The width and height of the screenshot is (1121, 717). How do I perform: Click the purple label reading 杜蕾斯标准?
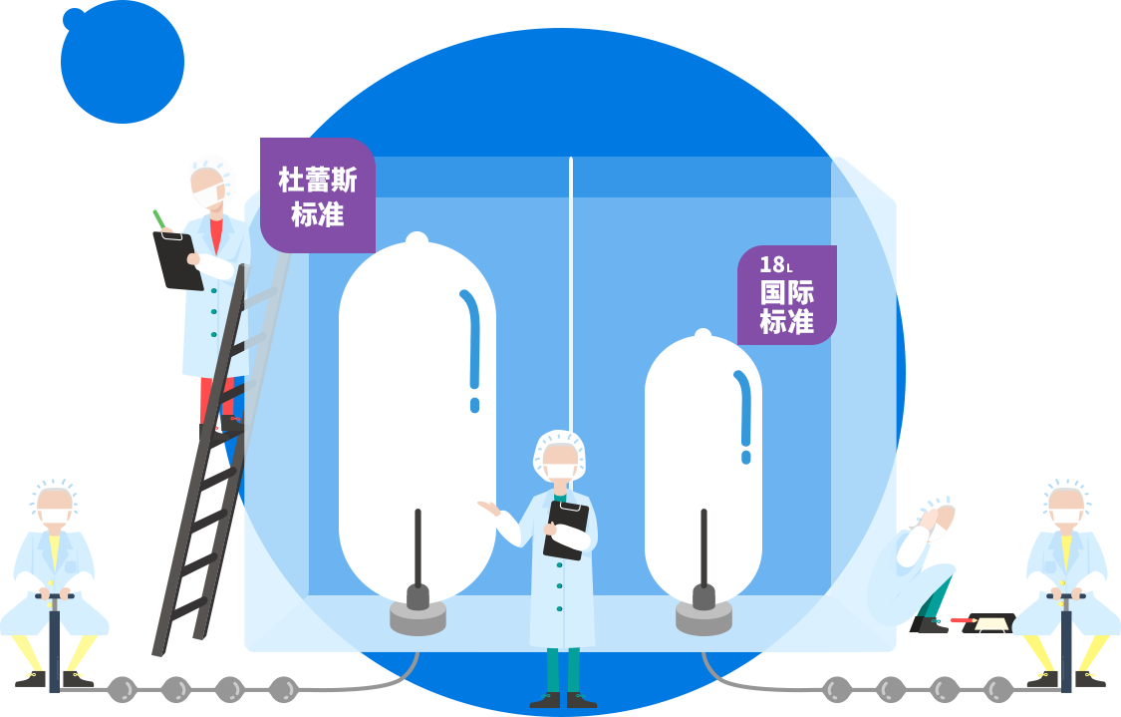[x=318, y=195]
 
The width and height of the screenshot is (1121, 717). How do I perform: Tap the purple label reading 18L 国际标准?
[x=786, y=295]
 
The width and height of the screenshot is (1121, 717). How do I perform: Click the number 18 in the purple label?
[x=771, y=264]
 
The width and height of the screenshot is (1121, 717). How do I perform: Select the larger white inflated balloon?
[x=417, y=419]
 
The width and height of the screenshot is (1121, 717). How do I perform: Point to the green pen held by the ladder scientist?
[x=158, y=219]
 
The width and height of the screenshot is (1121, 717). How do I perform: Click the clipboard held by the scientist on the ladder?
[x=177, y=261]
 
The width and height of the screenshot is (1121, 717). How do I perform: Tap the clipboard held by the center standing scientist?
[x=565, y=530]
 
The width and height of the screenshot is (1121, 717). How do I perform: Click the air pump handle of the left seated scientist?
[x=54, y=596]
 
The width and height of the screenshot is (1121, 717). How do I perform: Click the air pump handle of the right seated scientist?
[x=1065, y=596]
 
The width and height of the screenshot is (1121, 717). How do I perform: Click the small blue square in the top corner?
[x=122, y=62]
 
